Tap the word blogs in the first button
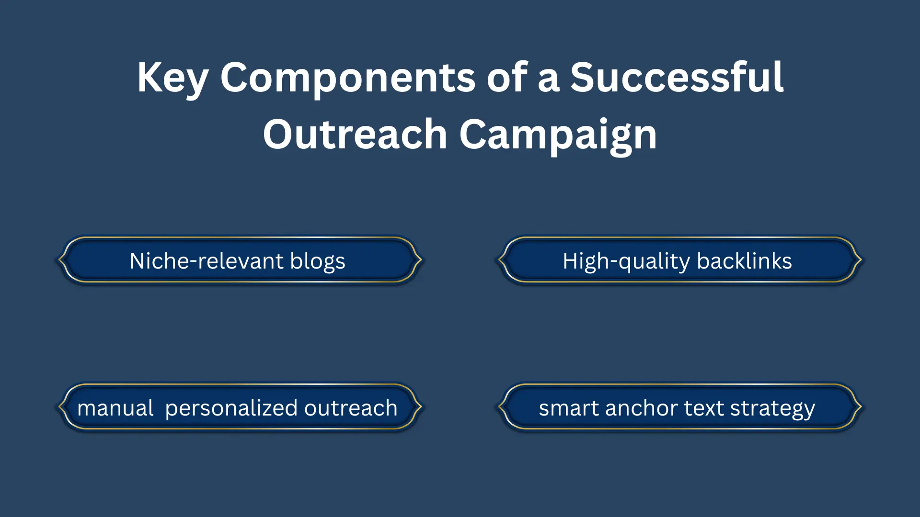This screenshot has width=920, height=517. coord(317,261)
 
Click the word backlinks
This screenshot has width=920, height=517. coord(744,261)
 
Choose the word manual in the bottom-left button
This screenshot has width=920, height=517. coord(115,408)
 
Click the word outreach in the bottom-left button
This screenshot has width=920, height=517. coord(350,408)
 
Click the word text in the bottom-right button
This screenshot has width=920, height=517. coord(704,408)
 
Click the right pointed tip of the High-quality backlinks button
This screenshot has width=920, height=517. coord(861,259)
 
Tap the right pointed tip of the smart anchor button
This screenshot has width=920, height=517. coord(861,407)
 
